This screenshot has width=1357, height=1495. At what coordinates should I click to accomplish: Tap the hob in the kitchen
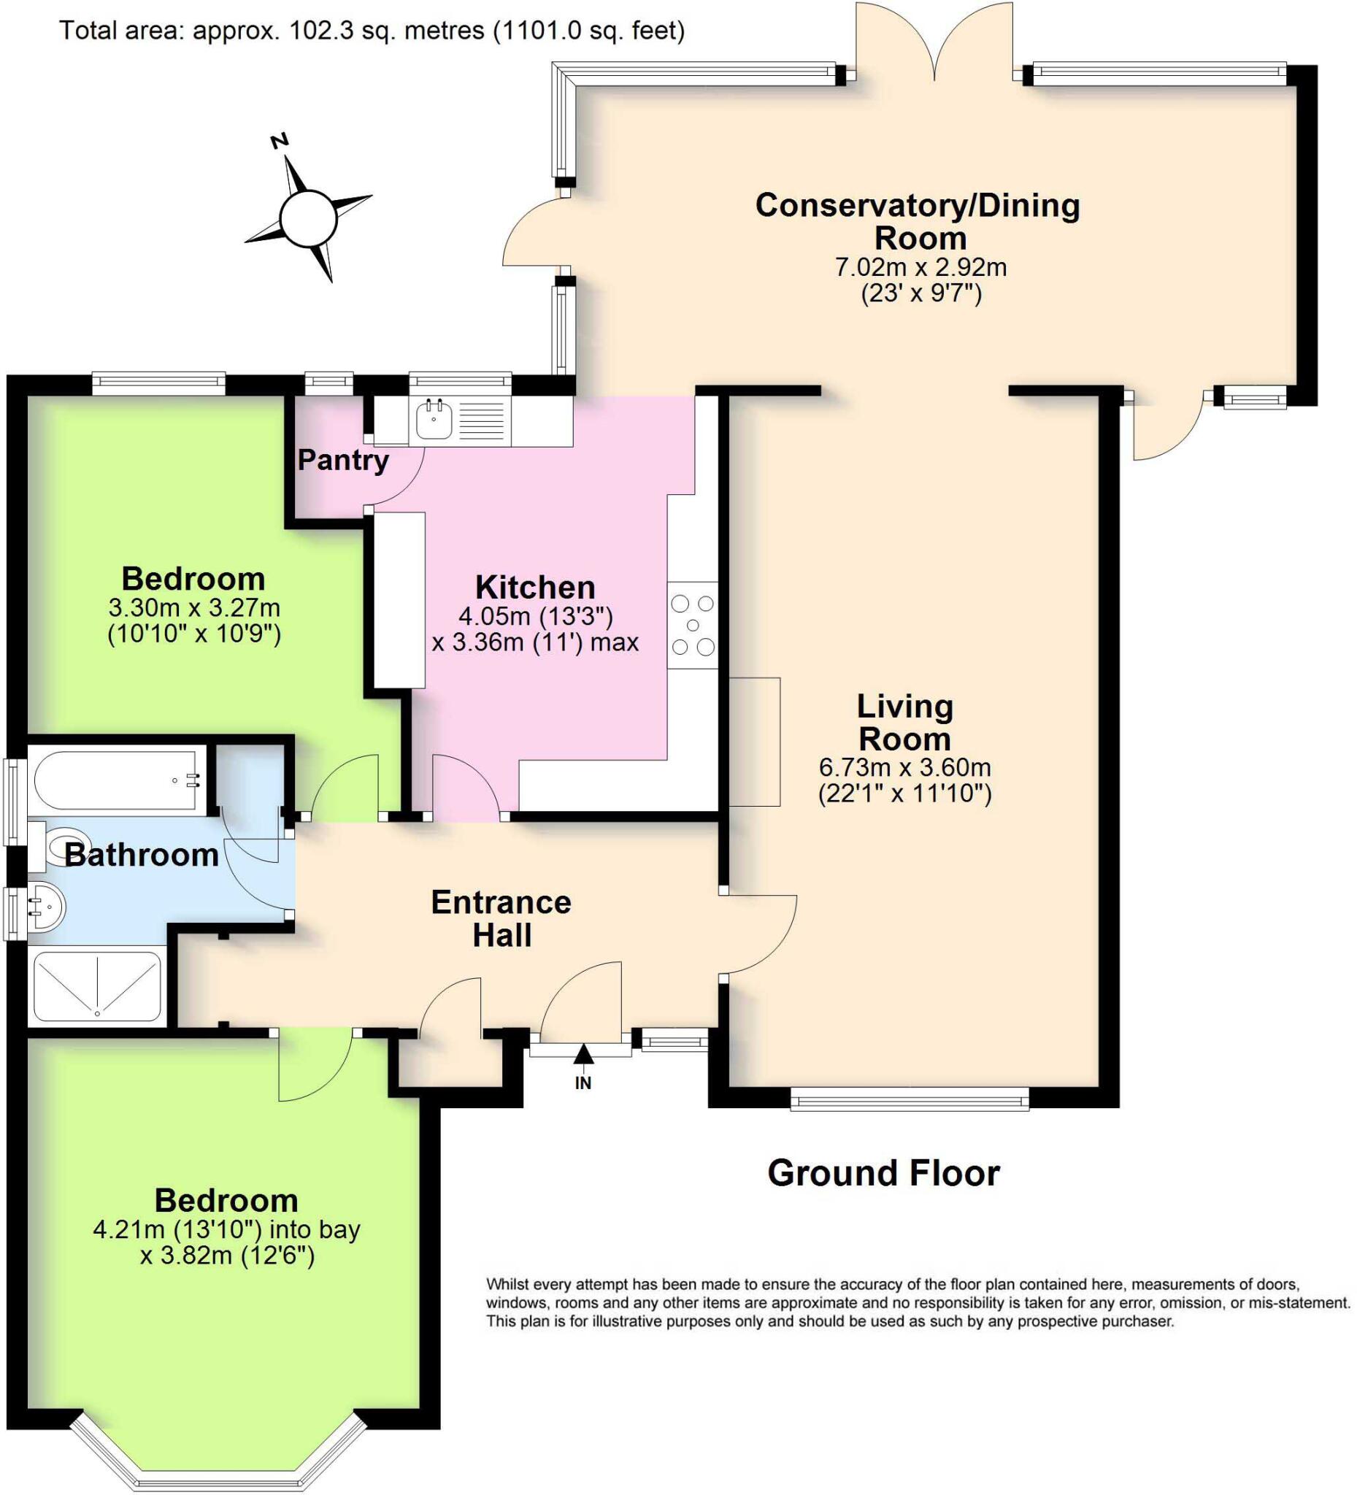(x=693, y=625)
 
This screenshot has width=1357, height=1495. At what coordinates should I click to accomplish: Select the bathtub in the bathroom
(x=115, y=780)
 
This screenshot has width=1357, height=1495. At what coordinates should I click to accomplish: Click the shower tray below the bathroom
(x=96, y=987)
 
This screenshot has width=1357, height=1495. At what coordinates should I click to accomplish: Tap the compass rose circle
(x=309, y=219)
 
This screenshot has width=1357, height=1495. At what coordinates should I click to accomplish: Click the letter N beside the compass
(x=280, y=141)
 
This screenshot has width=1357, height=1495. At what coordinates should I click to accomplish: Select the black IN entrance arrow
(x=583, y=1054)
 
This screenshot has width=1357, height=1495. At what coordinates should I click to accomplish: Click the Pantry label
(x=342, y=461)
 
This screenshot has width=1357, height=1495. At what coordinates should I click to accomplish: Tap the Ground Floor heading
(x=883, y=1173)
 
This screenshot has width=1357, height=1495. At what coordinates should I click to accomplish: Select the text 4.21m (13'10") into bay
(x=226, y=1229)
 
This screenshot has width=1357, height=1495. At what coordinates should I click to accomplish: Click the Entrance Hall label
(x=501, y=918)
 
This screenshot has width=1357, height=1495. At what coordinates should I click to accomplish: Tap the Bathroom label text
(x=141, y=855)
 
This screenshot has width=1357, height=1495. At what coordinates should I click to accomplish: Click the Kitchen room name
(x=534, y=588)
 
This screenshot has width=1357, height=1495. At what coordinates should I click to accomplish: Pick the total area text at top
(x=372, y=31)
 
